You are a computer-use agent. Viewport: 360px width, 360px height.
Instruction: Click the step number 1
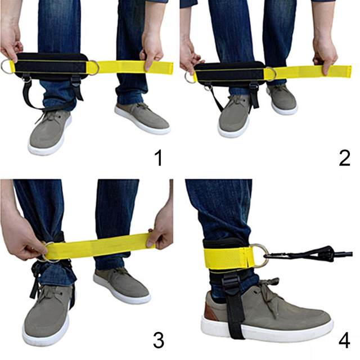pos(159,157)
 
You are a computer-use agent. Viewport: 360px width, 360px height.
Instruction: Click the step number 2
pos(344,157)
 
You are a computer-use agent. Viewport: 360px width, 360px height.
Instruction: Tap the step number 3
pos(159,340)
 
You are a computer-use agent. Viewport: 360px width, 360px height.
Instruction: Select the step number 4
pos(344,340)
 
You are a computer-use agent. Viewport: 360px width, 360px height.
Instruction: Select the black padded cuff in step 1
pos(52,66)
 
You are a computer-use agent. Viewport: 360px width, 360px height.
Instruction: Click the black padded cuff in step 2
pos(229,74)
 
